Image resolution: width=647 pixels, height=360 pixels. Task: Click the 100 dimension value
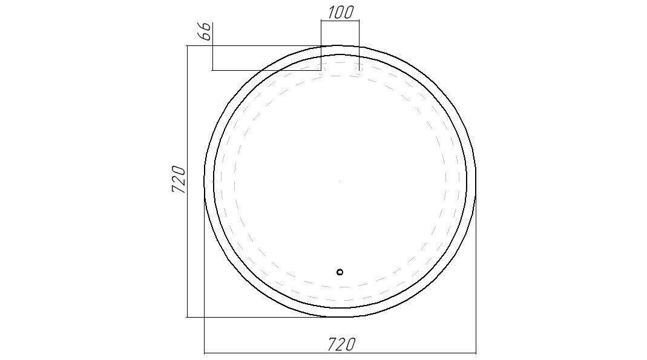341,12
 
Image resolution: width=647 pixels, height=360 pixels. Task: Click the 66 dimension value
206,31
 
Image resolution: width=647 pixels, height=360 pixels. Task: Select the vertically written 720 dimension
179,180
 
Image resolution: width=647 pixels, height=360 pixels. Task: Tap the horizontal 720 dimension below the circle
341,344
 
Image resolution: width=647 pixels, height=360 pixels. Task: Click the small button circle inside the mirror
340,272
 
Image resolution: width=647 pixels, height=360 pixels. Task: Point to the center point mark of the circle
340,181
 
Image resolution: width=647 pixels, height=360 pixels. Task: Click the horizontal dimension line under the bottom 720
340,353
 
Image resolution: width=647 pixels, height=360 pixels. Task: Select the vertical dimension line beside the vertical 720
188,182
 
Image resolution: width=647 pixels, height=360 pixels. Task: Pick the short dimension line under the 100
340,20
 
